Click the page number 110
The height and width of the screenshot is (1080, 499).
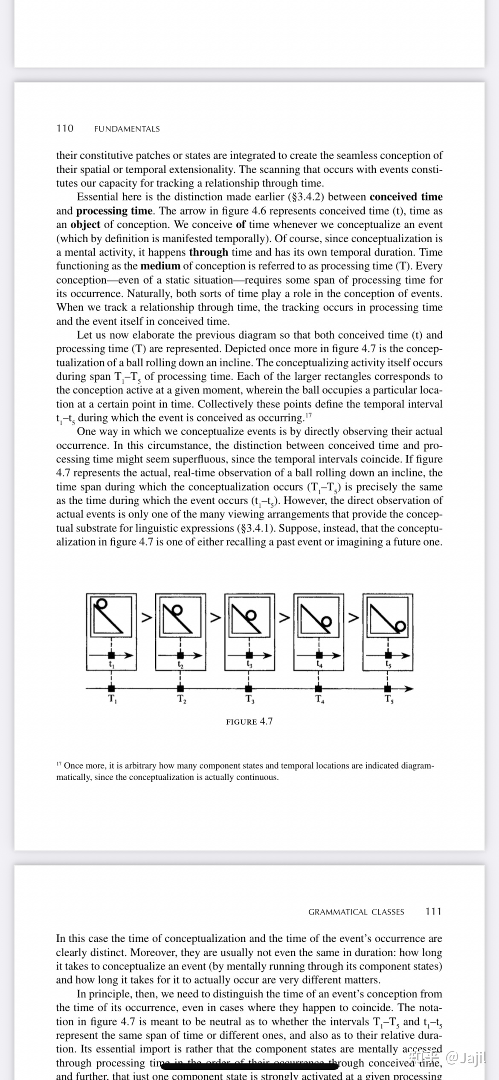pos(65,128)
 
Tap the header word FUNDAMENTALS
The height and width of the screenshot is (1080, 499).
pos(127,129)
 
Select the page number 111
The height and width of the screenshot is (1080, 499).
pos(433,912)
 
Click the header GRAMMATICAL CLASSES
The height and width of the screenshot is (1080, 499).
pos(356,912)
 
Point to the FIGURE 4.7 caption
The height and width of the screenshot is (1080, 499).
pos(249,721)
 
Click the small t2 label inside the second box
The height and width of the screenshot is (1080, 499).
pos(180,664)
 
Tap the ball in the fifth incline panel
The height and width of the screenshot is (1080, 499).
pos(401,626)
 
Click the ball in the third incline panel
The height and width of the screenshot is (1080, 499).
pos(252,615)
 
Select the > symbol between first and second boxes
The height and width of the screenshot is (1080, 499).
pos(146,617)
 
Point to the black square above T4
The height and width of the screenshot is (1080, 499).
pos(318,688)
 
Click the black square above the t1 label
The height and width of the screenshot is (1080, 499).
pos(111,655)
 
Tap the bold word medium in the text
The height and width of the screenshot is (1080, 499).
pos(160,266)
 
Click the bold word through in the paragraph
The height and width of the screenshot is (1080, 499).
pos(209,252)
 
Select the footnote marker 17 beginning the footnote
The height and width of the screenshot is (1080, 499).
pos(59,764)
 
